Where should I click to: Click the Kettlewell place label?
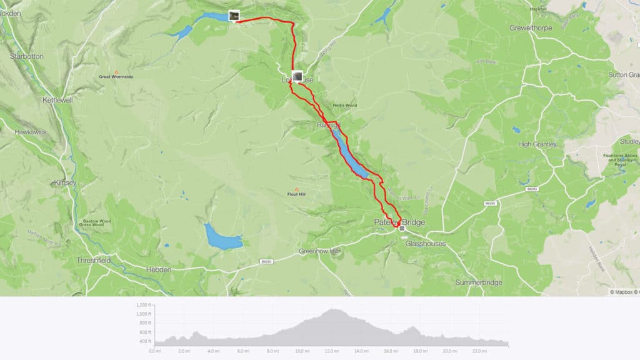point(57,100)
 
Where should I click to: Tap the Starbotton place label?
point(27,56)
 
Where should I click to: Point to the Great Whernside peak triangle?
point(116,71)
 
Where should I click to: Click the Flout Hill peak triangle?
point(296,189)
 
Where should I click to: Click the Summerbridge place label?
point(478,282)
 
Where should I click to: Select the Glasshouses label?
point(426,244)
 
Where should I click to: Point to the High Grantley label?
point(537,144)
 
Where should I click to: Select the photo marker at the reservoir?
point(234,16)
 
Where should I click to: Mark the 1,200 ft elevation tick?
point(143,304)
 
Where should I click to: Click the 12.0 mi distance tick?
point(332,351)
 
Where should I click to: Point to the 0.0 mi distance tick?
point(154,351)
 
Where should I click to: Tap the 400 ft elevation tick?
point(144,341)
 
